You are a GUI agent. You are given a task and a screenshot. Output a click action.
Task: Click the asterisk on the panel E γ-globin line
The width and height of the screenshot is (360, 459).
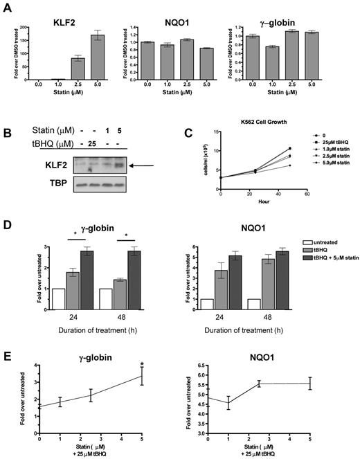click(x=143, y=364)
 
